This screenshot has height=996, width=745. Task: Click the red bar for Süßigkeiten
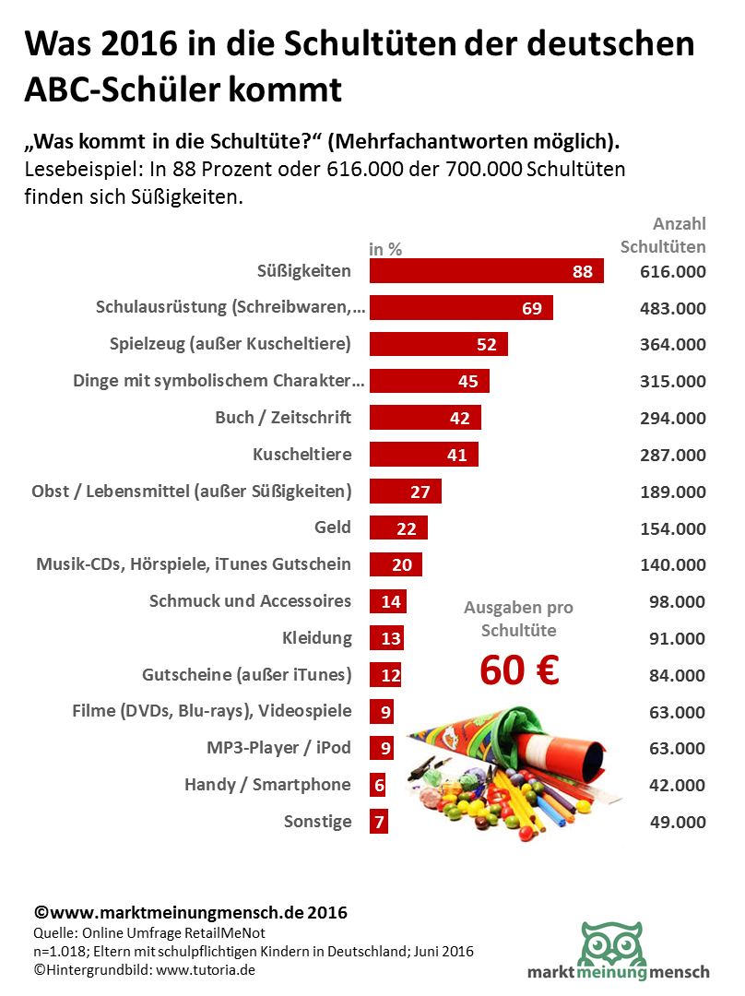[486, 270]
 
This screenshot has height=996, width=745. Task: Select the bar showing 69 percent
[461, 307]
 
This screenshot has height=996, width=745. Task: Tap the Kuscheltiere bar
[424, 454]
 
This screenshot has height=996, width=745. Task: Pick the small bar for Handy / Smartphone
[377, 785]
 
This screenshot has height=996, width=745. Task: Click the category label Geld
[332, 528]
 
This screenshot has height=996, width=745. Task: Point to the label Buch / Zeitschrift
[283, 417]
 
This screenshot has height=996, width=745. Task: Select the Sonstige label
[317, 822]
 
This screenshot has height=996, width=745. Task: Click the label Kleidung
[317, 638]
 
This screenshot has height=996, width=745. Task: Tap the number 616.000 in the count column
[672, 271]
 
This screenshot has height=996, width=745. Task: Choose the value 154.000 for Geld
[672, 528]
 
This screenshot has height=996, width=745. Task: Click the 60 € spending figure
[519, 671]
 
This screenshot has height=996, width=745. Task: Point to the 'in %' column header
[385, 249]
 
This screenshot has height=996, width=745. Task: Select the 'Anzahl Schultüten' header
[664, 235]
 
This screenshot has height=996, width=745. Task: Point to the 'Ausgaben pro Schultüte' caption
[518, 619]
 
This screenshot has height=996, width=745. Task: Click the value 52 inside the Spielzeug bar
[486, 344]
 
